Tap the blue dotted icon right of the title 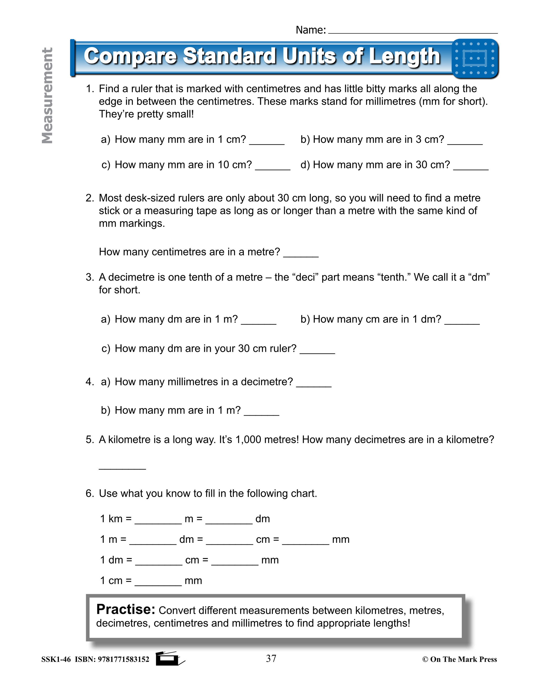tap(475, 58)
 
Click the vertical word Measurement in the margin tap(47, 96)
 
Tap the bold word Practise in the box tap(126, 610)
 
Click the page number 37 tap(271, 658)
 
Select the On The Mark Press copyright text tap(460, 659)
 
